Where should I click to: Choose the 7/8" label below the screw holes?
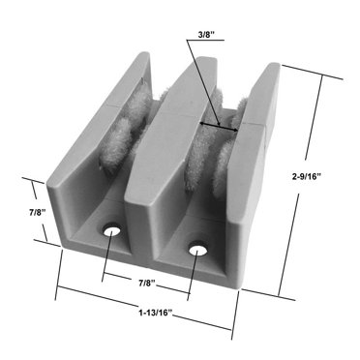(x=146, y=282)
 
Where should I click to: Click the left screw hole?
(x=111, y=230)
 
